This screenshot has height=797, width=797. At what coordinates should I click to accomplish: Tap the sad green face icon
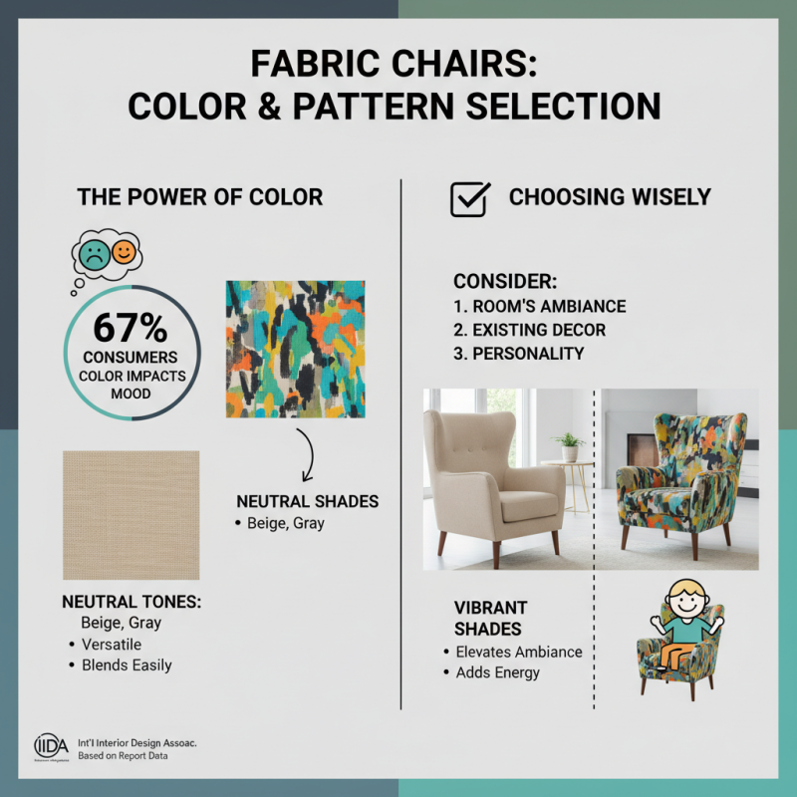tap(93, 253)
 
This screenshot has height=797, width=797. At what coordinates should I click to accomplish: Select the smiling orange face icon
tap(124, 252)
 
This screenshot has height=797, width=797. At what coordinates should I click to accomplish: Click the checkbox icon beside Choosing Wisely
tap(469, 198)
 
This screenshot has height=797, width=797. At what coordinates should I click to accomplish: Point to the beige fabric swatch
tap(131, 514)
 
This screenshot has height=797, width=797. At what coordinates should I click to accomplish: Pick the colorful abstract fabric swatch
tap(295, 348)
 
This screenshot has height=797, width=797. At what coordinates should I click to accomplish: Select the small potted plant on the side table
tap(570, 445)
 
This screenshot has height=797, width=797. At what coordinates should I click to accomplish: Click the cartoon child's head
tap(681, 598)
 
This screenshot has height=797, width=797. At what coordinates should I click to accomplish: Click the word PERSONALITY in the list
tap(528, 354)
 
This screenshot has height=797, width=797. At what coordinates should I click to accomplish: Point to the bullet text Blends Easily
tap(127, 665)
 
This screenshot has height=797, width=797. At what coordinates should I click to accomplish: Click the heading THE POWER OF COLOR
tap(200, 196)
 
